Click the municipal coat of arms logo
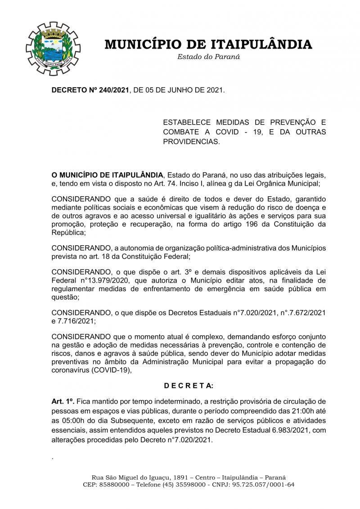[53, 48]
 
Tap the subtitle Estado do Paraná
[208, 57]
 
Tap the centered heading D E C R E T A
[189, 386]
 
